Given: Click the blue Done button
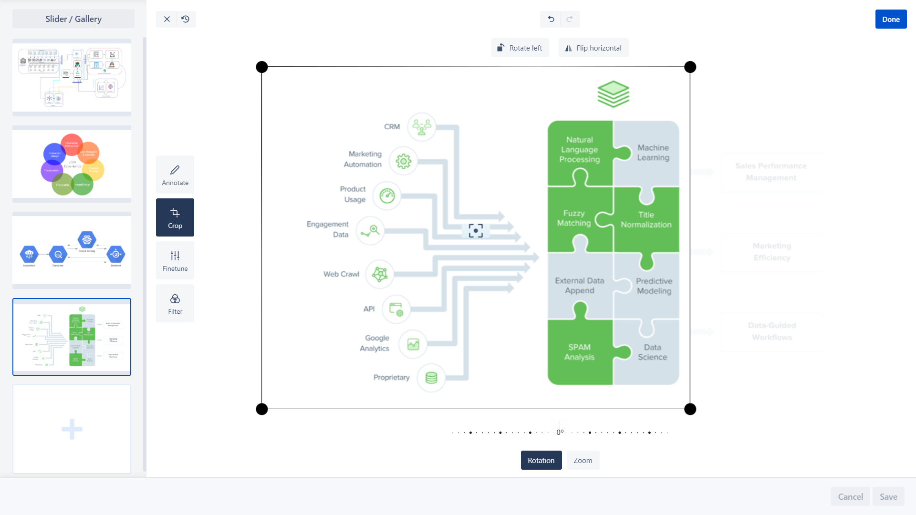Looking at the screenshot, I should coord(890,20).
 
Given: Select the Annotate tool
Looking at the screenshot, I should coord(175,175).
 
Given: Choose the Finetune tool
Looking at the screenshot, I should coord(175,260).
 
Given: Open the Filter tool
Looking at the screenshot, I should coord(175,303).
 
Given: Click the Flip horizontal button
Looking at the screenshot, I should coord(593,48).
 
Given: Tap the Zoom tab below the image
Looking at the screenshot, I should coord(583,460).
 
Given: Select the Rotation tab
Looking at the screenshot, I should coord(541,460).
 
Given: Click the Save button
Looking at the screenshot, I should coord(888,496).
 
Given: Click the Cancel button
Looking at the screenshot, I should coord(850,496).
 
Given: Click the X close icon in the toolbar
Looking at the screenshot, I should coord(167,19).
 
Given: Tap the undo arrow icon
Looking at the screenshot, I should coord(551,19).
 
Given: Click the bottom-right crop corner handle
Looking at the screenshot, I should coord(690,409).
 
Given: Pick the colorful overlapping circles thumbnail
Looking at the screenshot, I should coord(72,164).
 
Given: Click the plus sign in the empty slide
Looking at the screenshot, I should coord(72,429).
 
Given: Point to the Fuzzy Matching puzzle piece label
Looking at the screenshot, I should coord(574,218).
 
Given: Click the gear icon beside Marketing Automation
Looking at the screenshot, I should coord(403,161).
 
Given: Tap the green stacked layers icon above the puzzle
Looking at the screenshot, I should coord(613,94).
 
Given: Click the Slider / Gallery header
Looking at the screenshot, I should coord(73,19).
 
